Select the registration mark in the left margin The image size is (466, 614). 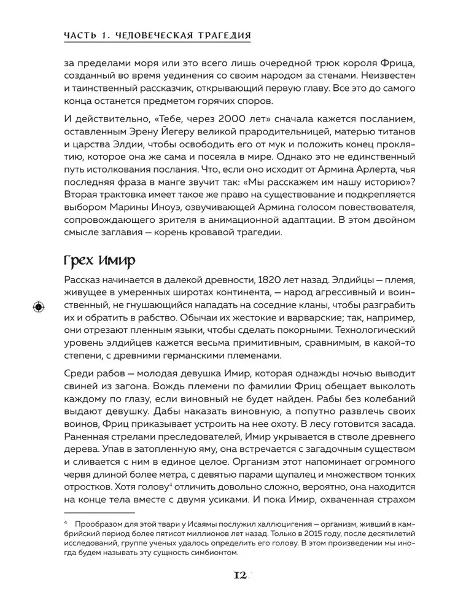click(x=38, y=306)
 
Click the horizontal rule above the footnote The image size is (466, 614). click(x=99, y=511)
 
